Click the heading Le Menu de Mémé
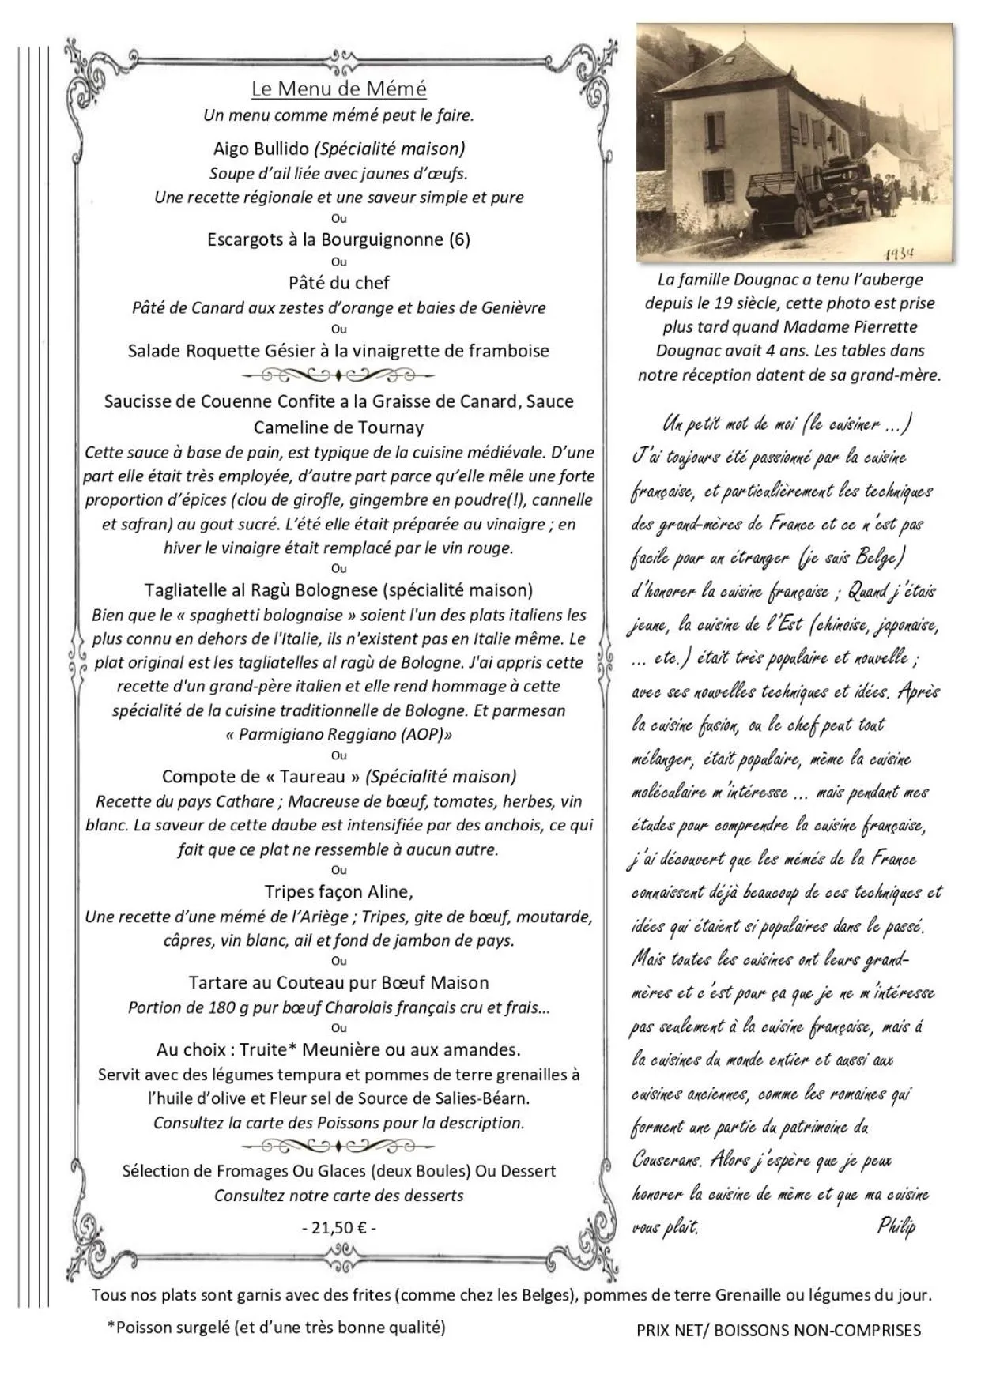338,89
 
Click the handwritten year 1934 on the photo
899,254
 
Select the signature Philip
896,1226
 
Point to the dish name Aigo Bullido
262,149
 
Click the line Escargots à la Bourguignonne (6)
338,239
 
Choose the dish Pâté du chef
338,282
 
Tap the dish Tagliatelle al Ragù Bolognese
338,589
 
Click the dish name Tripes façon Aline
338,892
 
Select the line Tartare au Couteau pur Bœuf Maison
338,982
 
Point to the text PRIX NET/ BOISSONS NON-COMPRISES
779,1331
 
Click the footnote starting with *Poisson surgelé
276,1328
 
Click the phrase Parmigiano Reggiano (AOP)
338,734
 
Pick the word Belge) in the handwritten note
879,557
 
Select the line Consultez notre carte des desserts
338,1196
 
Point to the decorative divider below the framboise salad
338,375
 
